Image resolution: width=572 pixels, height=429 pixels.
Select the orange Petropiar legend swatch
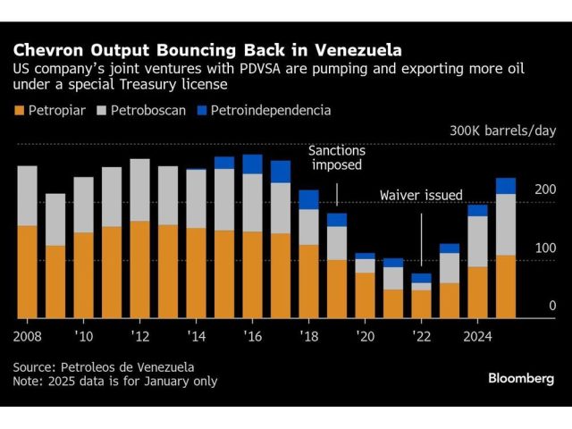(x=19, y=111)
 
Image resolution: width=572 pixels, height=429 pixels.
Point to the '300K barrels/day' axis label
(x=502, y=130)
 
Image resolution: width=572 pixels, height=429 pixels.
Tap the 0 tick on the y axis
(x=552, y=306)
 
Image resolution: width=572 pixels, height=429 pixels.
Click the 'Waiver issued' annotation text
(x=421, y=195)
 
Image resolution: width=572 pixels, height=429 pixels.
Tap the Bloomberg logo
(x=521, y=378)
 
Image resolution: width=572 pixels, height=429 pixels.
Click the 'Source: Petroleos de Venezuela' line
(x=103, y=366)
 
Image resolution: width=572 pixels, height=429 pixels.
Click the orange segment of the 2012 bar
(x=140, y=269)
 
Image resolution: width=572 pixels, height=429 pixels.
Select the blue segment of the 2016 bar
(x=253, y=164)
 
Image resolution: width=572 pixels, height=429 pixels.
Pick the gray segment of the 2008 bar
(x=28, y=196)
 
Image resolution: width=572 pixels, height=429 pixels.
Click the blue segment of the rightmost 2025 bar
(x=506, y=186)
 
